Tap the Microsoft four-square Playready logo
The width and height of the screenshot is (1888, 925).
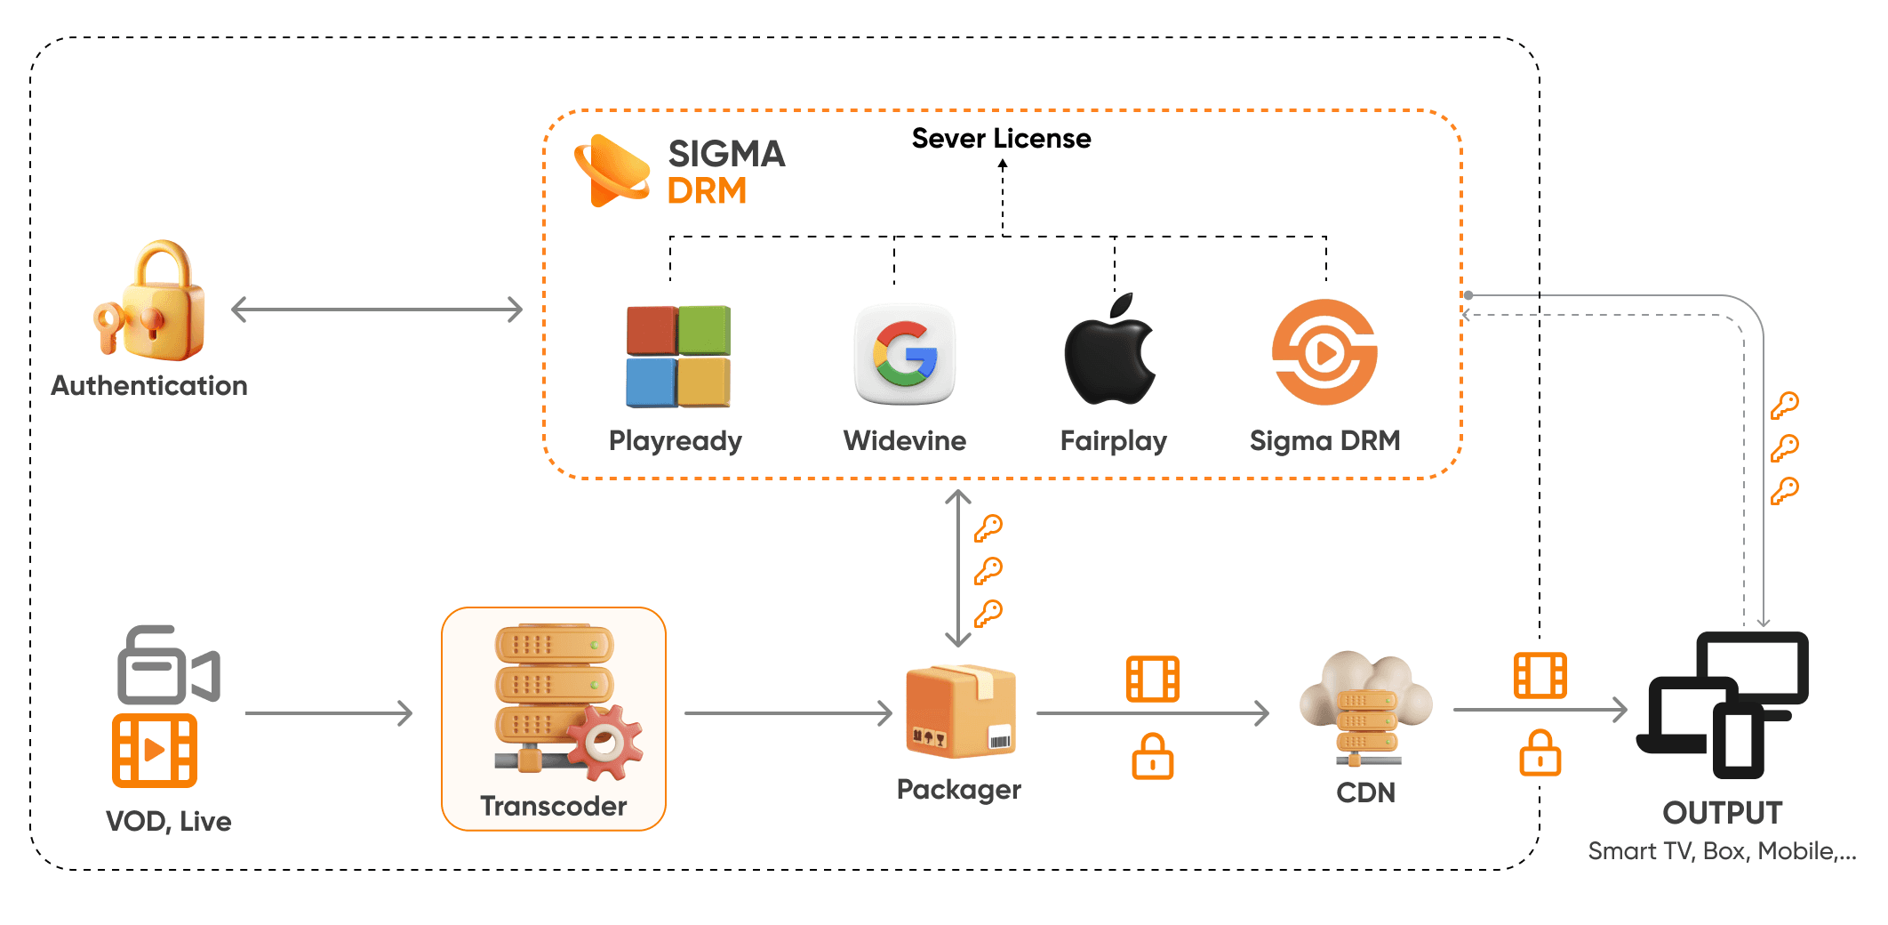[678, 357]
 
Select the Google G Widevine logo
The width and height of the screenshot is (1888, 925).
[905, 355]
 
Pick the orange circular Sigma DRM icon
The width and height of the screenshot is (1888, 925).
[1324, 352]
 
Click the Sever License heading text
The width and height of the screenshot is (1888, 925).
[1001, 139]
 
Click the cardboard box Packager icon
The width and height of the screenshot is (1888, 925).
[960, 712]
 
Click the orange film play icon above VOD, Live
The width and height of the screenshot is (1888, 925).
[155, 751]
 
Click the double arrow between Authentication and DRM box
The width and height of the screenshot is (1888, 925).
[377, 310]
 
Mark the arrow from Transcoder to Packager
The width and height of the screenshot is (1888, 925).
[788, 712]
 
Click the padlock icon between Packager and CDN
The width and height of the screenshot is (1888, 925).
[1153, 756]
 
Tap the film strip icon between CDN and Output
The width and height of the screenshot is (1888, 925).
[1540, 675]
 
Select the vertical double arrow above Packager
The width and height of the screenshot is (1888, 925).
[957, 567]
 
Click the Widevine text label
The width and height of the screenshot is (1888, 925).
[905, 440]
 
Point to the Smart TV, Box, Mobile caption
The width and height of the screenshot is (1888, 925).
[1723, 851]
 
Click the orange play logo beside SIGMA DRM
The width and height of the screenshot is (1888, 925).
[612, 171]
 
